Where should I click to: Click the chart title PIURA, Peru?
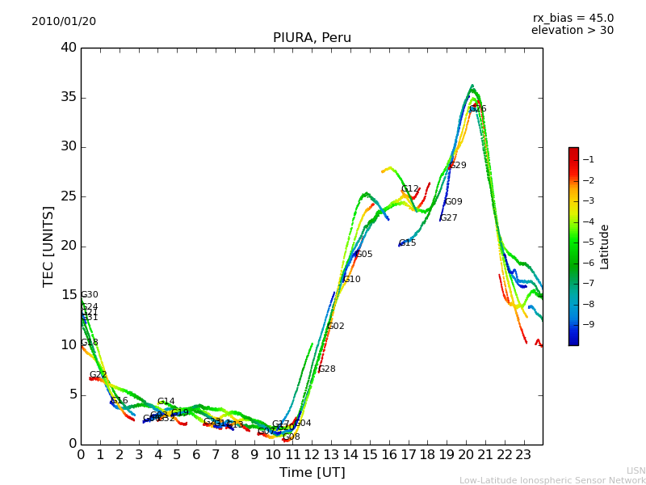pos(312,38)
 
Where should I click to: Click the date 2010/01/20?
pos(64,21)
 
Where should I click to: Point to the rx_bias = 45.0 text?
pos(573,18)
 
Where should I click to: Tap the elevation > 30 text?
pos(572,31)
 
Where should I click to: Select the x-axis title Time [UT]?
pos(312,473)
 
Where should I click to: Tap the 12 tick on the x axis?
pos(312,455)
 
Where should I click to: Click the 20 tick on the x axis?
pos(466,455)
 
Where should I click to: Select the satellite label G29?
pos(458,166)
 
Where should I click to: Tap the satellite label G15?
pos(408,243)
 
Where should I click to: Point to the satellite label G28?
pos(327,369)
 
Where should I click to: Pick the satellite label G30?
pos(90,295)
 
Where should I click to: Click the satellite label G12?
pos(410,189)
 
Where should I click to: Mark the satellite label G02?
pos(335,327)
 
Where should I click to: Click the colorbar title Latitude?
pos(605,247)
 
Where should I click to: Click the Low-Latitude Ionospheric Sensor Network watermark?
pos(552,480)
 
